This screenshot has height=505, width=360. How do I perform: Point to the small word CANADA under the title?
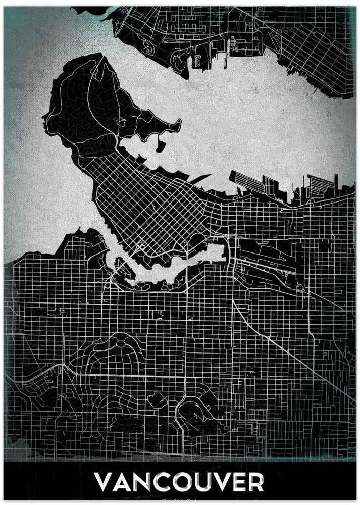point(180,500)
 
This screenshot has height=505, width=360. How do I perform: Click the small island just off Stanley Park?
point(160,146)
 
